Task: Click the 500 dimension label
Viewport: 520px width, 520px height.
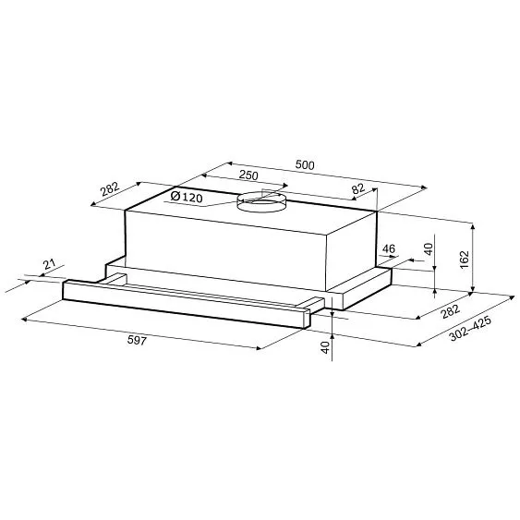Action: (x=305, y=164)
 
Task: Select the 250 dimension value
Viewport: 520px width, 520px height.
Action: (x=248, y=175)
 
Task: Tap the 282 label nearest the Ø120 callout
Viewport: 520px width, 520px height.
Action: (x=110, y=188)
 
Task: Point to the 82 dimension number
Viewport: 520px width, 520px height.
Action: (x=358, y=189)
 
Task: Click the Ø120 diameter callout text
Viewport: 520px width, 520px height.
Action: (x=187, y=198)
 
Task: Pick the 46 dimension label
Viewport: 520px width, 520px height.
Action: (x=388, y=248)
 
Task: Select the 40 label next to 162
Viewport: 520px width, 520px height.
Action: (x=429, y=249)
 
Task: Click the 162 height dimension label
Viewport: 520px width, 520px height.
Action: (x=465, y=260)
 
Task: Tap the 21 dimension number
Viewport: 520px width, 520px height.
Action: (x=49, y=264)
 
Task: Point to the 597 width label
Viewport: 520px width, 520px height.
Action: (x=137, y=340)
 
